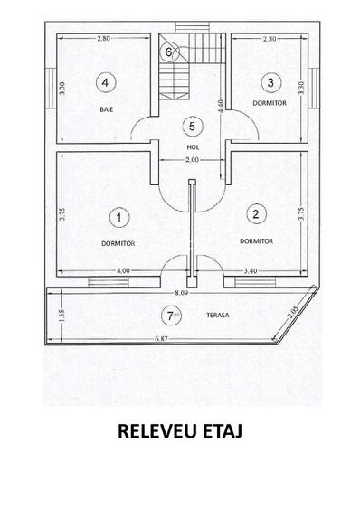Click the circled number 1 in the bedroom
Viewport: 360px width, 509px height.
[118, 217]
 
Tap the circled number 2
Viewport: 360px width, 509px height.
[256, 214]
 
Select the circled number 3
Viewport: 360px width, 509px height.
[270, 82]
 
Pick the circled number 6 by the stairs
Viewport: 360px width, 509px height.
[167, 52]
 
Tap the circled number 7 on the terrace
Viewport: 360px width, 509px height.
[167, 316]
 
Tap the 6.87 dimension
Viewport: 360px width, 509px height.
[164, 338]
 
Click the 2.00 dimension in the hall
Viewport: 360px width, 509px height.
[191, 160]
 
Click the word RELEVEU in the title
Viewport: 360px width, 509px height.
[156, 431]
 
